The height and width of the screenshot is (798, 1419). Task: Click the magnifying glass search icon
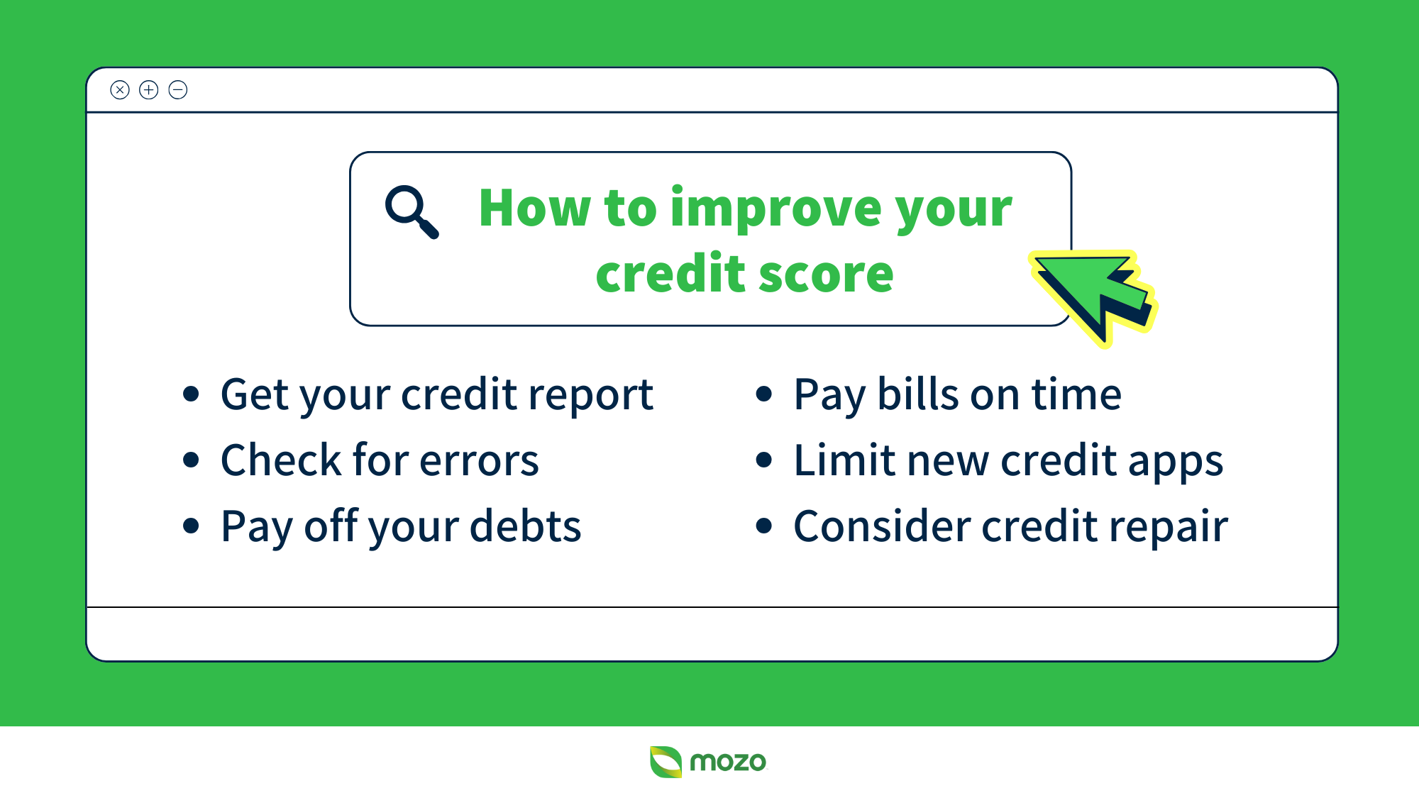click(411, 211)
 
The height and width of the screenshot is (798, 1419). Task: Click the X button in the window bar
click(120, 90)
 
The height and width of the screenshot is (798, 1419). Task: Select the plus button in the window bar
click(149, 90)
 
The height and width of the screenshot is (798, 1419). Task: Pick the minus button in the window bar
click(178, 90)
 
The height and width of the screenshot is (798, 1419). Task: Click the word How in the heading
click(534, 209)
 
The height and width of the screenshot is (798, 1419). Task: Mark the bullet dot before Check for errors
click(190, 460)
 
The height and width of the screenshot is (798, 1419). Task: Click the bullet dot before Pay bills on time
click(763, 394)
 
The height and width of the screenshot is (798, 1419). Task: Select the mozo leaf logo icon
click(666, 762)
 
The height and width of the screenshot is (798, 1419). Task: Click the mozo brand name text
click(728, 763)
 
